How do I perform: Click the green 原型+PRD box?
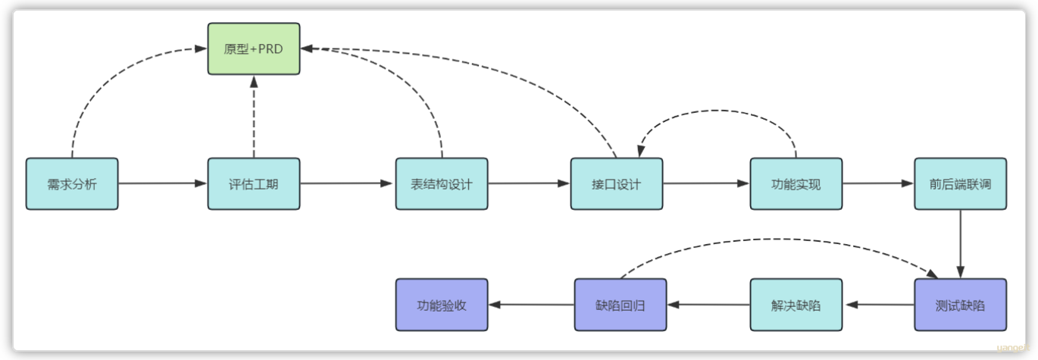pos(254,49)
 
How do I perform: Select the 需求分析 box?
pos(72,184)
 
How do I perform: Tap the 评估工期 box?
pos(254,184)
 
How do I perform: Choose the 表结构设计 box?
pos(442,184)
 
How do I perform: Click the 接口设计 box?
pos(616,184)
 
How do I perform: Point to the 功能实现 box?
pos(796,184)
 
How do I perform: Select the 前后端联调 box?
pos(960,184)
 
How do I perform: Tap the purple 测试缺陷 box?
pos(960,305)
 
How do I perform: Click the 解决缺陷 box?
pos(796,305)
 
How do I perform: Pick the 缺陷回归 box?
pos(621,305)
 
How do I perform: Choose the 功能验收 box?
pos(442,305)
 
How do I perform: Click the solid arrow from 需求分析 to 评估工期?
pos(163,183)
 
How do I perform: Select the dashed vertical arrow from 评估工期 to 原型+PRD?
pos(254,117)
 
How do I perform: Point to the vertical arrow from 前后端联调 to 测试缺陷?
pos(960,244)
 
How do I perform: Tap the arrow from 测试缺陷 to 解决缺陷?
pos(879,305)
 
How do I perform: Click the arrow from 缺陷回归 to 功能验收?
pos(532,305)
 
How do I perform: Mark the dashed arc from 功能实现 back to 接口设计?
pos(718,110)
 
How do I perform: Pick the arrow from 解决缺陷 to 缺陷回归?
pos(709,305)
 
